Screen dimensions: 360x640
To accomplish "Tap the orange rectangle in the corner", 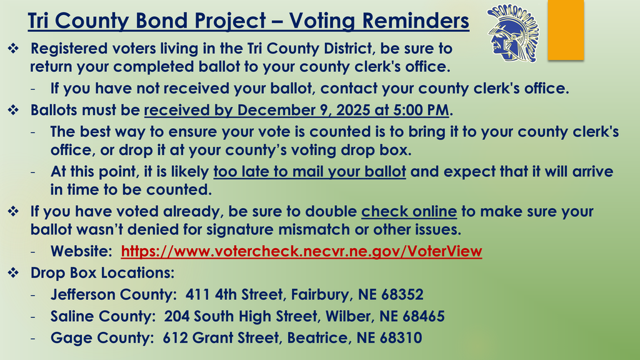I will (565, 30).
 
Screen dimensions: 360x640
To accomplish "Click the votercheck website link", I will (301, 252).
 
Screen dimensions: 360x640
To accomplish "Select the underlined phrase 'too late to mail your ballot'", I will (309, 172).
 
